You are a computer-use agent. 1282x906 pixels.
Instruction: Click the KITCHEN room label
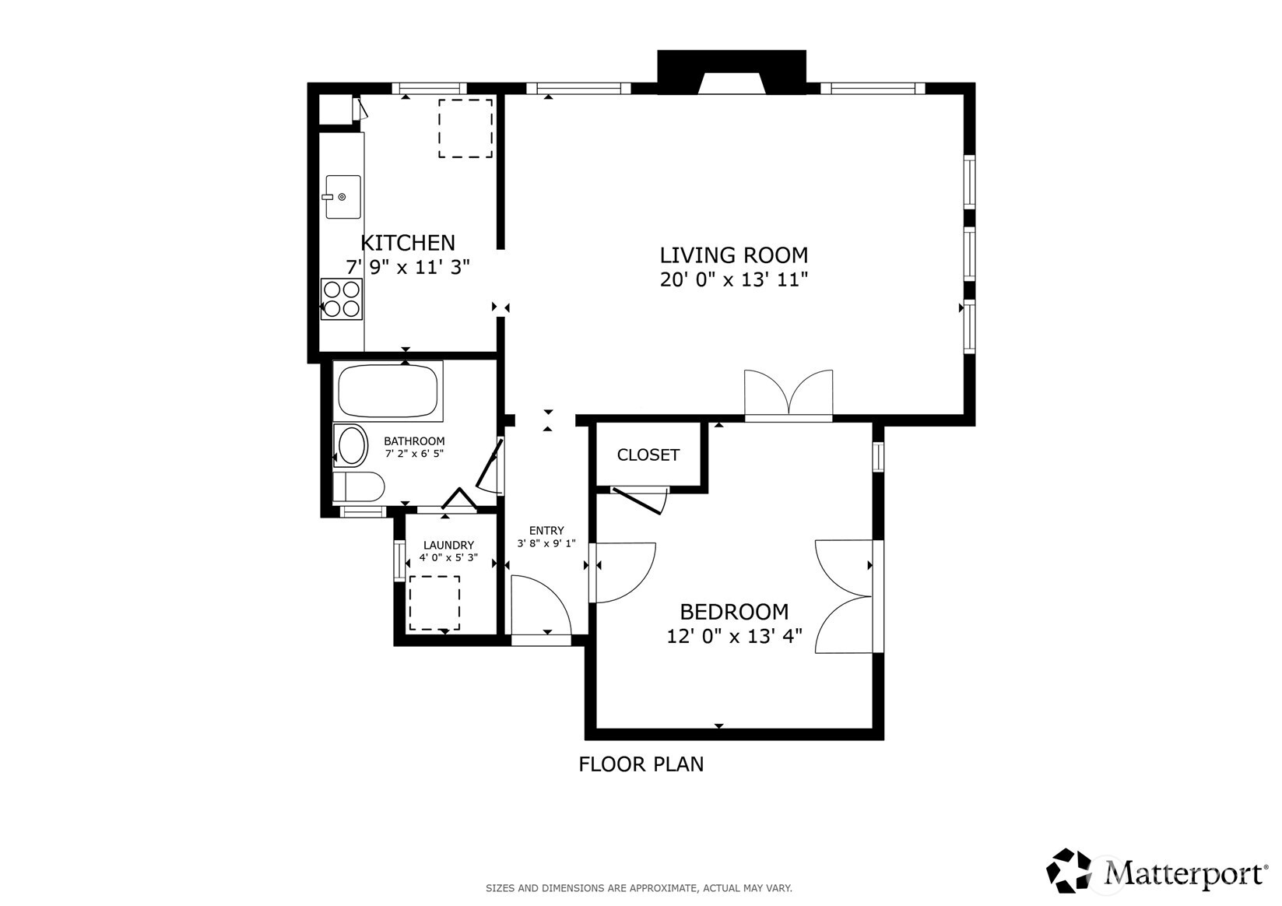(x=408, y=243)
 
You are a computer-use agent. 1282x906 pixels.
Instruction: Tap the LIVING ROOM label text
(x=734, y=255)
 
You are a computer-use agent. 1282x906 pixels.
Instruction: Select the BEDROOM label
(x=734, y=612)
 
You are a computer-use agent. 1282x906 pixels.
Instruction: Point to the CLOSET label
(x=648, y=455)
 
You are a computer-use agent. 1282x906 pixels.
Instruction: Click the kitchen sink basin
(x=342, y=197)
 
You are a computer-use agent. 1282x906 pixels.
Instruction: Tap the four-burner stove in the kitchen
(x=342, y=299)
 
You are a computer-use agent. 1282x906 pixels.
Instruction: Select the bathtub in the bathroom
(x=388, y=391)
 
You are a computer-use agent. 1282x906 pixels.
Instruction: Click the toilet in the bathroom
(x=359, y=486)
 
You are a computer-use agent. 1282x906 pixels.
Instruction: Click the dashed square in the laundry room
(x=434, y=602)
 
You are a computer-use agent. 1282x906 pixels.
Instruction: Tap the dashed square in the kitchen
(x=465, y=128)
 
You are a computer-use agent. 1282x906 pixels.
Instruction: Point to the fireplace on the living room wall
(x=732, y=72)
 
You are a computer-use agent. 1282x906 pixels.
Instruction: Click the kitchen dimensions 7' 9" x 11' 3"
(x=408, y=267)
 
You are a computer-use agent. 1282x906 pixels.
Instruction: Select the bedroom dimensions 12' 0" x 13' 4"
(x=734, y=636)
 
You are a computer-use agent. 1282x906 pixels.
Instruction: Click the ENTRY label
(x=546, y=531)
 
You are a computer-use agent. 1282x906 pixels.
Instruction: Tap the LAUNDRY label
(x=448, y=546)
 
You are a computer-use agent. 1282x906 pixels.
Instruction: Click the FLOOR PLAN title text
(x=641, y=764)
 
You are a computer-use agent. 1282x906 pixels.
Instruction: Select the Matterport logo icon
(x=1069, y=870)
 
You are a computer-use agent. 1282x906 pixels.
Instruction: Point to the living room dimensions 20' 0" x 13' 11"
(x=734, y=279)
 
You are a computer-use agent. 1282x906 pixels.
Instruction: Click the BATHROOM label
(x=414, y=441)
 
